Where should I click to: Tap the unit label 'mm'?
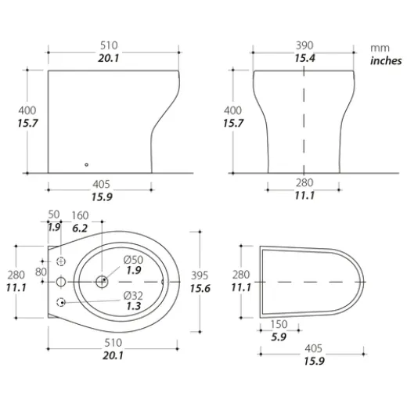(379, 48)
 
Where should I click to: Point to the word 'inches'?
(384, 60)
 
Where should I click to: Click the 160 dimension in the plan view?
(81, 214)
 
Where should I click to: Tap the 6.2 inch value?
(81, 227)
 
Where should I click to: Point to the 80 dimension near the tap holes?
(41, 271)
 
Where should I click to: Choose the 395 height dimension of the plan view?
(201, 276)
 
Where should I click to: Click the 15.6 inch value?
(201, 289)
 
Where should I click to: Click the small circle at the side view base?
(86, 164)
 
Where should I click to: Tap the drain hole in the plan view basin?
(103, 280)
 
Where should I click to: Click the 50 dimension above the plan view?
(53, 214)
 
